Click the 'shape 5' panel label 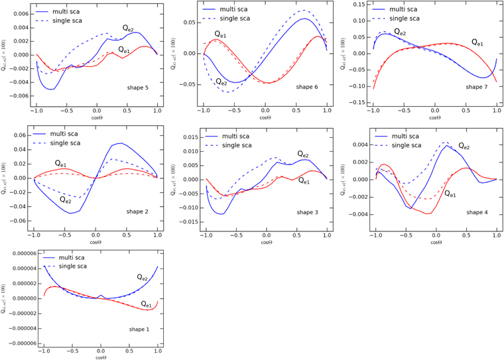[x=140, y=87]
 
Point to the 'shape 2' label [x=140, y=211]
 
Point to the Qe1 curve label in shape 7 [x=477, y=42]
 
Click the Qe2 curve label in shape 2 [x=66, y=199]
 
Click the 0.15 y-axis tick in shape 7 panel [x=359, y=4]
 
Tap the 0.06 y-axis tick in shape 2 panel [x=21, y=135]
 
